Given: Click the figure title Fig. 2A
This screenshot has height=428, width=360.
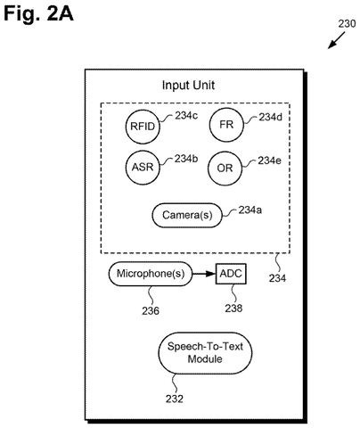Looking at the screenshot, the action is (x=38, y=14).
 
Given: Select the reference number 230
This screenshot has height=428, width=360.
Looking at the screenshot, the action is (x=347, y=24).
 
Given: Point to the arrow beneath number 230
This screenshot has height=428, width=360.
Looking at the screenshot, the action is (x=336, y=40).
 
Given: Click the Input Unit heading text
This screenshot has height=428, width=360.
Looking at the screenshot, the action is (x=188, y=86).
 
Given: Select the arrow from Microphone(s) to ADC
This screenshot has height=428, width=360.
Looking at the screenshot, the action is (x=204, y=274).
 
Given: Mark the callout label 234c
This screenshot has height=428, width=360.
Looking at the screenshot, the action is (x=186, y=115).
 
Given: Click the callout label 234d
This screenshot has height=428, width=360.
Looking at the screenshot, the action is (x=270, y=117).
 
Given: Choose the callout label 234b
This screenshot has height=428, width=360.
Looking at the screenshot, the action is (x=186, y=159).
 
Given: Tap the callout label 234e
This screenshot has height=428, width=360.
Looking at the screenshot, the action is (x=269, y=160).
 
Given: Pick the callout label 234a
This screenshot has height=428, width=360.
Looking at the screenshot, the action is (x=250, y=210).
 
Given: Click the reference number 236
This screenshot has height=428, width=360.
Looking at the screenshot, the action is (x=151, y=311).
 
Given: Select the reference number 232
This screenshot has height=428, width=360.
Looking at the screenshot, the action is (x=175, y=399).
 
